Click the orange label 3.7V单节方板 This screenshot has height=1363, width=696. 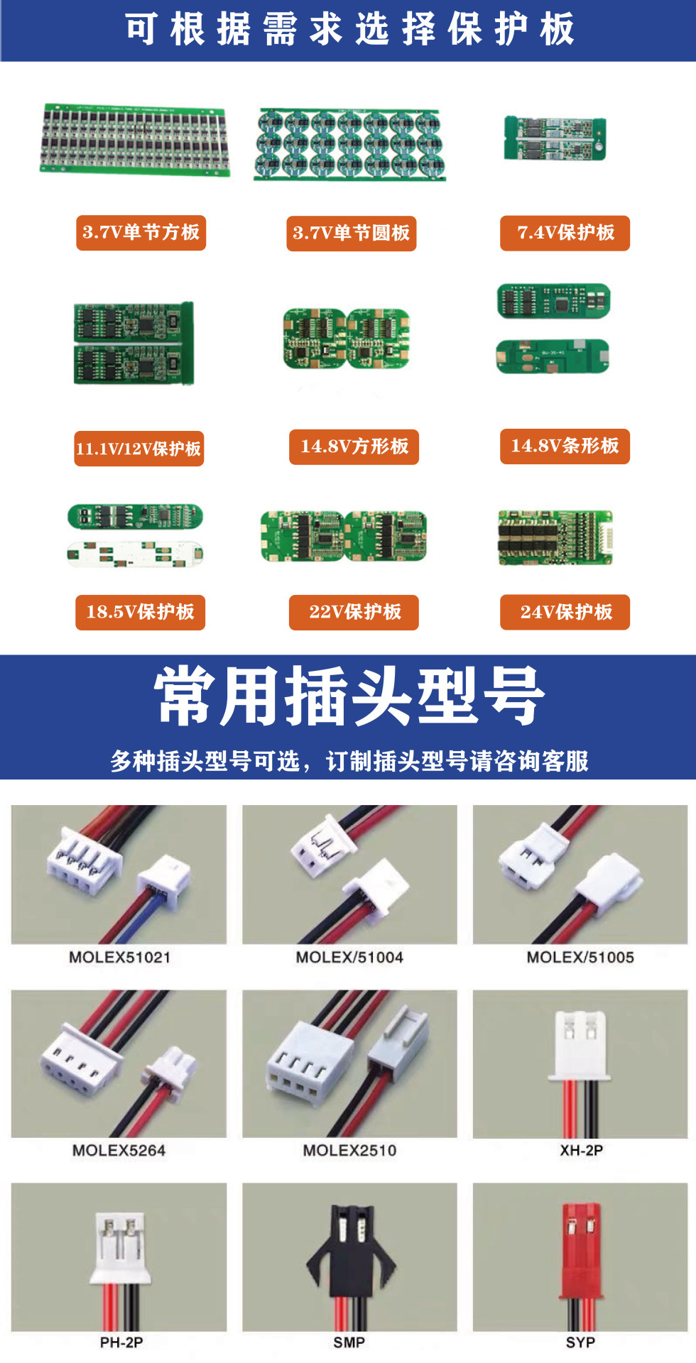(x=141, y=233)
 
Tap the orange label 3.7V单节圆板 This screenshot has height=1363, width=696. (x=351, y=234)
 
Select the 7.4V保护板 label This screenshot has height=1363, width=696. (x=565, y=233)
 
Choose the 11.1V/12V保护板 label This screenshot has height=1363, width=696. (x=138, y=449)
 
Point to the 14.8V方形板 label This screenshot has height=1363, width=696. (x=354, y=447)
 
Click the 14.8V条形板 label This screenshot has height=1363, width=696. (x=565, y=446)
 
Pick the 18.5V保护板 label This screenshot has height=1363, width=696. (x=140, y=612)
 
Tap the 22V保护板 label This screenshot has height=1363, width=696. (x=354, y=612)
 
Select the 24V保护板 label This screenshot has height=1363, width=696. (x=565, y=612)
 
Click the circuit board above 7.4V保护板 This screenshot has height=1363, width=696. (x=555, y=138)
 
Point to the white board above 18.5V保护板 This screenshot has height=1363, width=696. (x=135, y=554)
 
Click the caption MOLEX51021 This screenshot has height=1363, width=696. (x=119, y=957)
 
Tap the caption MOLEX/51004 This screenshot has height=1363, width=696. (x=349, y=957)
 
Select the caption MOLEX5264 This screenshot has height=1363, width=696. (x=119, y=1150)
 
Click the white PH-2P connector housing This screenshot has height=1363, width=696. (x=121, y=1242)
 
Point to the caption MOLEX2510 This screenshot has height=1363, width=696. (x=349, y=1150)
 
